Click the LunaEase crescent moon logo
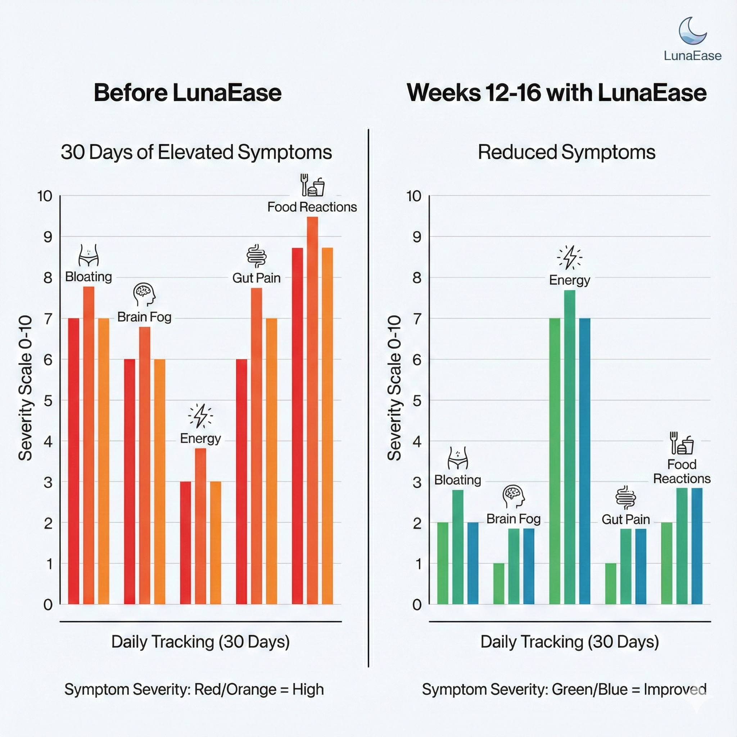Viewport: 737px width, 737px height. pos(692,31)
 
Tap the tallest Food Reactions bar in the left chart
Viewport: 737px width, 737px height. pos(312,410)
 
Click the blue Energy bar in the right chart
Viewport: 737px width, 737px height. pos(584,461)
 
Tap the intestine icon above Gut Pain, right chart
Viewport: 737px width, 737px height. pos(625,498)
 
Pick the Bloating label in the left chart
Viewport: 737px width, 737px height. pos(89,277)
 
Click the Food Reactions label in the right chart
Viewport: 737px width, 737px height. pos(682,471)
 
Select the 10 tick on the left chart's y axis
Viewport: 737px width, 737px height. pos(45,196)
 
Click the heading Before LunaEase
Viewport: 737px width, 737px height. pos(188,93)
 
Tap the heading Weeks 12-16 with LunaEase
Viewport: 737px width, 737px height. pos(557,93)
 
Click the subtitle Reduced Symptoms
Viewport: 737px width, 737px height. pos(566,152)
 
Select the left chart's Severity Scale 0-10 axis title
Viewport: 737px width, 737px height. pos(26,388)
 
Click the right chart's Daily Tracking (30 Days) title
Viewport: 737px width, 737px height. pos(570,642)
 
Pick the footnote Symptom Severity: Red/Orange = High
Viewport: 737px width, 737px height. pos(194,689)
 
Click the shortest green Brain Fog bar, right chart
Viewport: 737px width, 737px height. pos(498,583)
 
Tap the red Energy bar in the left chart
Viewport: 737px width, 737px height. pos(185,542)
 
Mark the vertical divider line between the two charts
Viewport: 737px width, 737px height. pos(368,397)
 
